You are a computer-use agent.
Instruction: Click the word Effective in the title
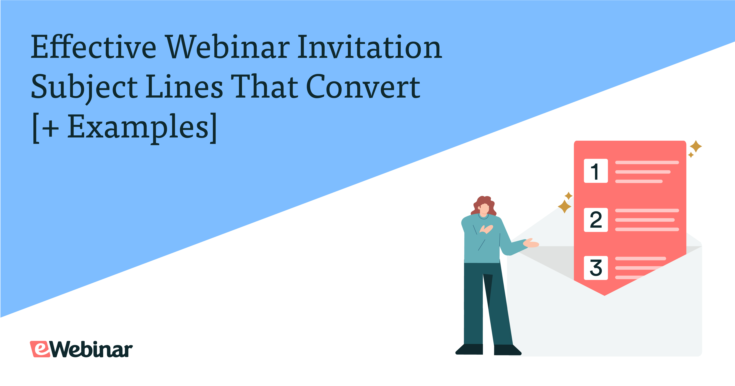pos(94,47)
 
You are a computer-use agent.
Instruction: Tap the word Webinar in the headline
pos(228,47)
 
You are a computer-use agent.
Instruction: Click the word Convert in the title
pos(363,87)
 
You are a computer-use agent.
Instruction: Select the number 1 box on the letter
pos(596,171)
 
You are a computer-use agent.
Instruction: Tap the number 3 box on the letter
pos(596,268)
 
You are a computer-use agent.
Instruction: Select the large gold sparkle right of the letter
pos(696,147)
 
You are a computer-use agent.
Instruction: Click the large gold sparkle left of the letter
pos(564,206)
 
